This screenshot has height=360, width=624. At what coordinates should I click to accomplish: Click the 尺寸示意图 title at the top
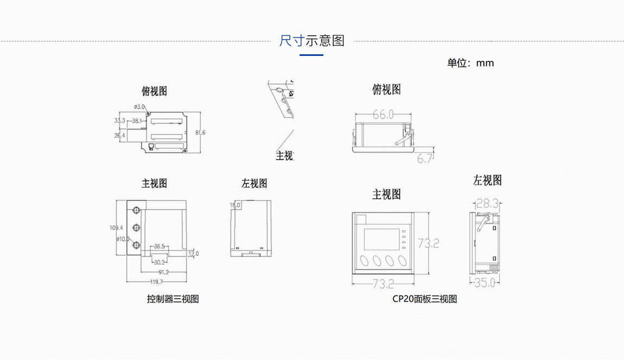pyautogui.click(x=312, y=41)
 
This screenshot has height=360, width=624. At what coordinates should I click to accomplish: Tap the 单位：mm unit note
pyautogui.click(x=470, y=63)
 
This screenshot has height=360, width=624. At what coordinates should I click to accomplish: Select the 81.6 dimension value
pyautogui.click(x=200, y=132)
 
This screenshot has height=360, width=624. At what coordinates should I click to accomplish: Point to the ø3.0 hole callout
pyautogui.click(x=139, y=107)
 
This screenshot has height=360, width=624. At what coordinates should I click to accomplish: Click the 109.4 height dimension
pyautogui.click(x=116, y=228)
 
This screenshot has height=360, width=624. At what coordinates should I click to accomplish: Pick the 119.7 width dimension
pyautogui.click(x=156, y=282)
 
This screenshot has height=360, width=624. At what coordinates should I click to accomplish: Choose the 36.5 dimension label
pyautogui.click(x=159, y=247)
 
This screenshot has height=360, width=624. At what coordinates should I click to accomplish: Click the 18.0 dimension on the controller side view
pyautogui.click(x=235, y=205)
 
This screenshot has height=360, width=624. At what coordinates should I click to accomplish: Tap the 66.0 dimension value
pyautogui.click(x=383, y=115)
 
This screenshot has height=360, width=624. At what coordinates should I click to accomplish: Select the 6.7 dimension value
pyautogui.click(x=425, y=159)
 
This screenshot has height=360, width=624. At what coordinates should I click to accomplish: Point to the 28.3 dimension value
pyautogui.click(x=487, y=204)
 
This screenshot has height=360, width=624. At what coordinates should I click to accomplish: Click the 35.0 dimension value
pyautogui.click(x=485, y=282)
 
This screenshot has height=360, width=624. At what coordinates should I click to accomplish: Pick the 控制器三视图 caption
pyautogui.click(x=173, y=299)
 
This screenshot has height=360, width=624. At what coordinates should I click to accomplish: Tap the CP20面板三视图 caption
pyautogui.click(x=425, y=299)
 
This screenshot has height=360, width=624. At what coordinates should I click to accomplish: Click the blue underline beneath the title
pyautogui.click(x=311, y=55)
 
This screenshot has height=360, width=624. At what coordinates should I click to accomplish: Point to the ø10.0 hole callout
pyautogui.click(x=123, y=239)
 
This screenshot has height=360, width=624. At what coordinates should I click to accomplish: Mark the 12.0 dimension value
pyautogui.click(x=193, y=254)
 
